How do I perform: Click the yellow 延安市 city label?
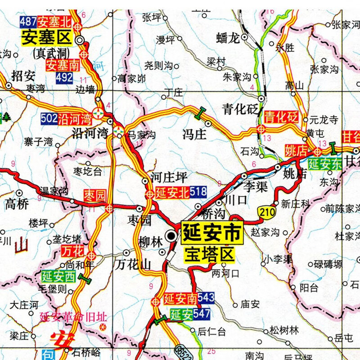tap(211, 233)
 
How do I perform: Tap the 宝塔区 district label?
tap(209, 255)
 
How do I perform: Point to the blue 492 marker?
tap(64, 78)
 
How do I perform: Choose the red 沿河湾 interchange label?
tap(76, 119)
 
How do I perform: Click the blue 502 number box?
tap(49, 119)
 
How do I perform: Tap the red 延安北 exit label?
tap(172, 193)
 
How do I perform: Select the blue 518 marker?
tap(198, 193)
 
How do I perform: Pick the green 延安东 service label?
tap(325, 163)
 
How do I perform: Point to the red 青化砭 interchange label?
tap(281, 117)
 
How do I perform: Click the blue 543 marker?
tap(206, 297)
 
